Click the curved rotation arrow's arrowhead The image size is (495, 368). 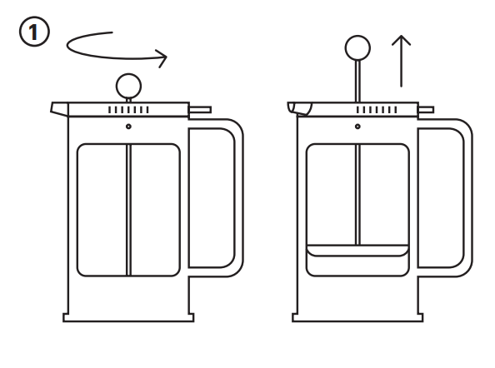(162, 58)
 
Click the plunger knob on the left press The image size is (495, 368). (128, 84)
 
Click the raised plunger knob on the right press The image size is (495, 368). (357, 47)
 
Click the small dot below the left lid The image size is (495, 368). (128, 127)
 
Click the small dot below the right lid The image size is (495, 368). (357, 127)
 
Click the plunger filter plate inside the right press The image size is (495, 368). (357, 250)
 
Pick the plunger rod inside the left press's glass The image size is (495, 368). (128, 208)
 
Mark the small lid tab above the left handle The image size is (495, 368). (200, 109)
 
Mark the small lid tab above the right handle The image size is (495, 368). (426, 109)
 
